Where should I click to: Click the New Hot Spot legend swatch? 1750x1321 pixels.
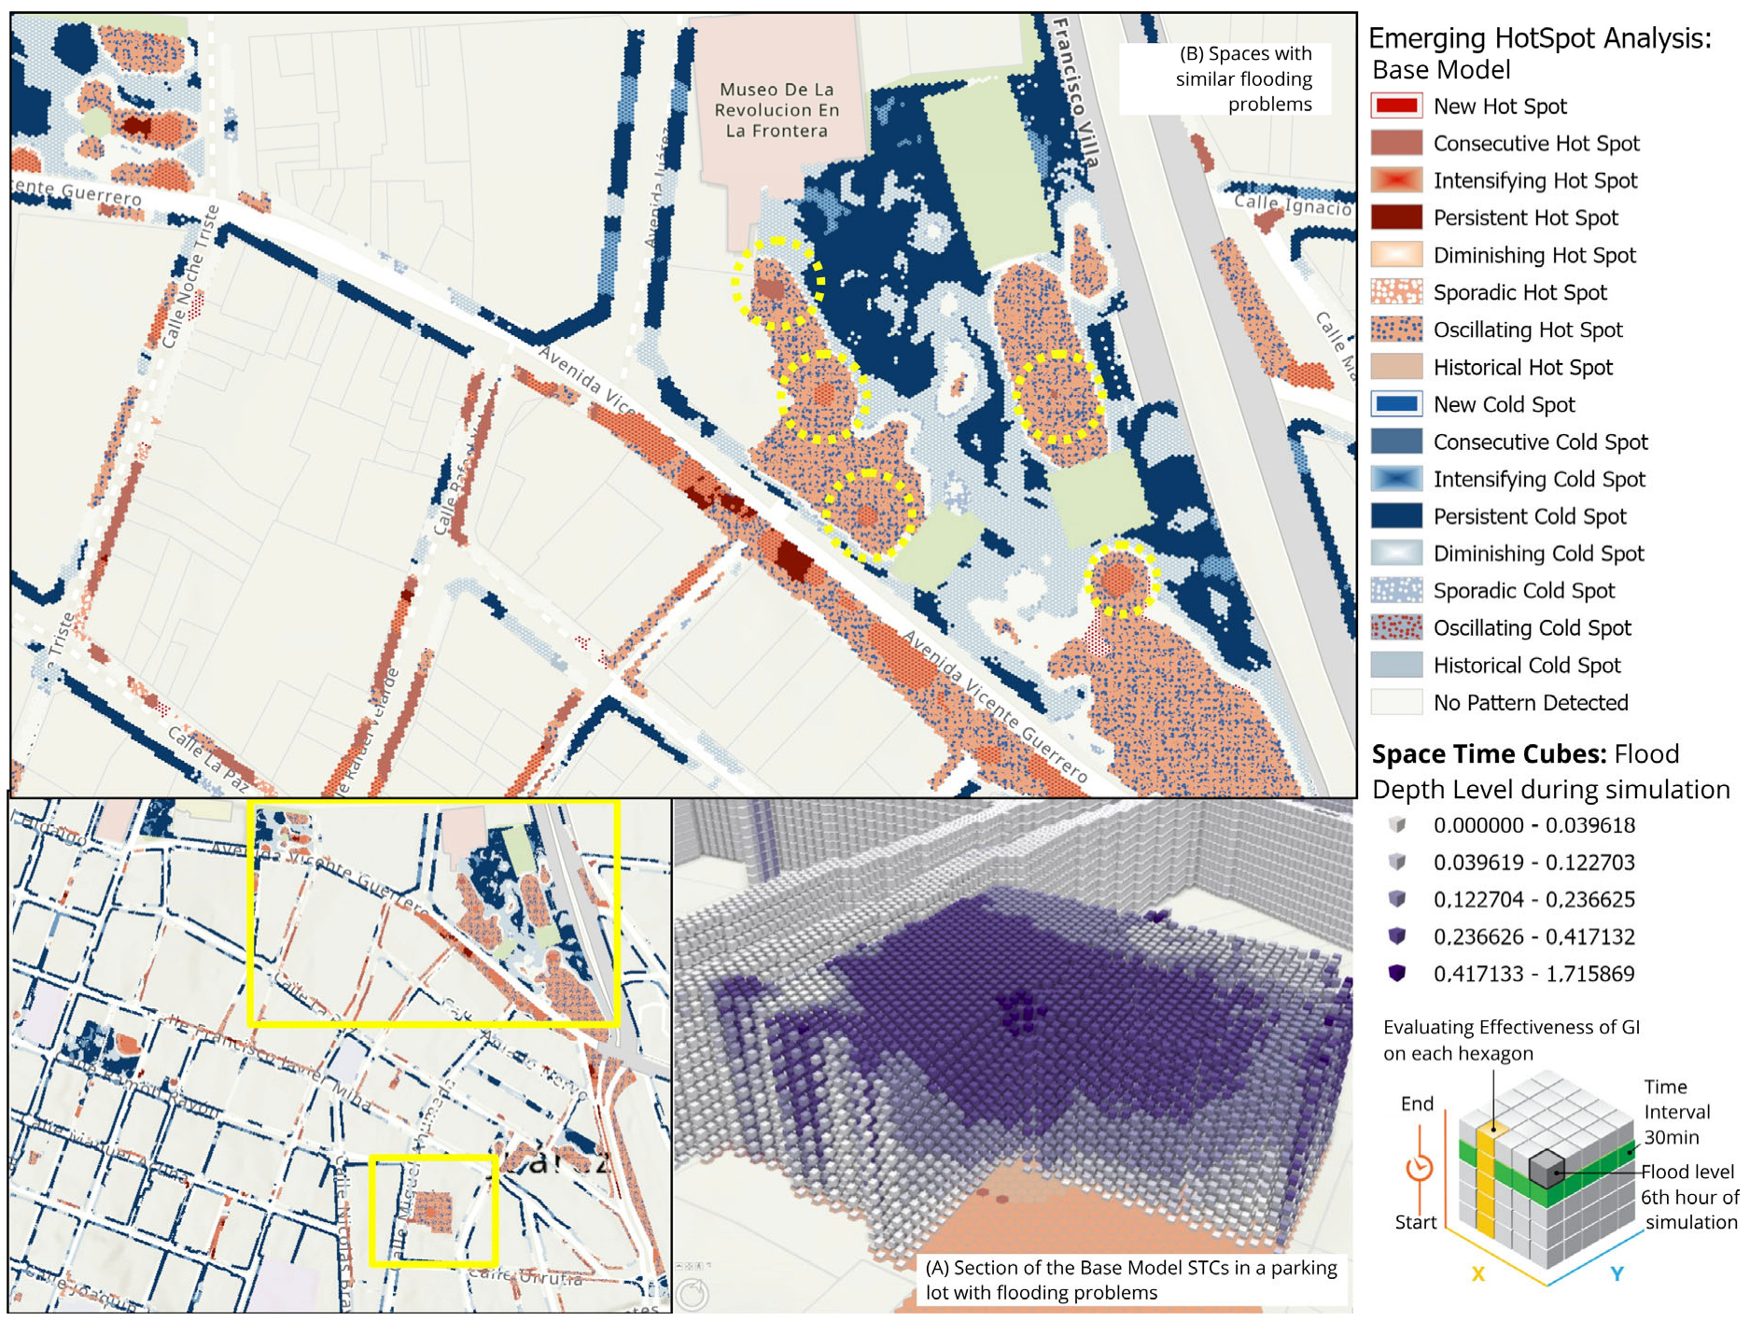(1396, 105)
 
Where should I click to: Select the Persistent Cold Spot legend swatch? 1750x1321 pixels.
(1396, 515)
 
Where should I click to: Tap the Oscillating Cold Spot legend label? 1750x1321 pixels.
(1532, 628)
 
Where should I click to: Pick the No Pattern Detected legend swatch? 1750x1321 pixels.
(1396, 702)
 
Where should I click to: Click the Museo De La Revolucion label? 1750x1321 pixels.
(777, 110)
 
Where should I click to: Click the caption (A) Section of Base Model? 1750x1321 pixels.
(1131, 1279)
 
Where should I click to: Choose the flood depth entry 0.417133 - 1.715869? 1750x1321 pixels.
(1533, 974)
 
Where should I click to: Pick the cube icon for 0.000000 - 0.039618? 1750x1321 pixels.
(1397, 824)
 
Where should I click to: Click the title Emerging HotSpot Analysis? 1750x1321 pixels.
(1540, 39)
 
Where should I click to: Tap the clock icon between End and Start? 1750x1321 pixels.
(1420, 1168)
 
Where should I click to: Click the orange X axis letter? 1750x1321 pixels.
(1477, 1274)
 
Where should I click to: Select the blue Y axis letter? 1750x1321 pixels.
(1617, 1273)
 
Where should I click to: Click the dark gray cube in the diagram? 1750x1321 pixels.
(1546, 1169)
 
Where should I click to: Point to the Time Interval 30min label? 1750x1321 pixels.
(1676, 1112)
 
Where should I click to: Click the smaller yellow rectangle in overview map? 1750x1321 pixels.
(432, 1211)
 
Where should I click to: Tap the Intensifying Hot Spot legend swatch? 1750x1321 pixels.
(1396, 180)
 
